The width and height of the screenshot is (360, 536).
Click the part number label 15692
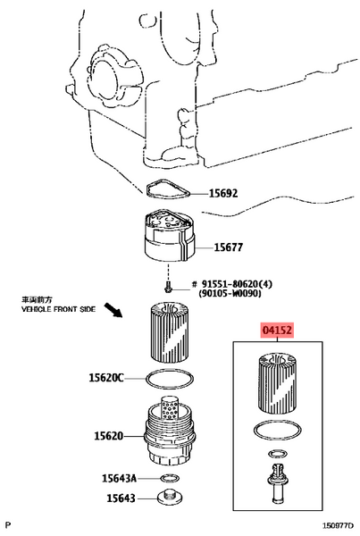click(223, 194)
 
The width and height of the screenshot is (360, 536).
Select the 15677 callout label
click(229, 247)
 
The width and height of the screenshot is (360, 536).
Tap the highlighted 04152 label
click(277, 331)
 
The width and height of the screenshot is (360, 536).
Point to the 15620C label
click(106, 378)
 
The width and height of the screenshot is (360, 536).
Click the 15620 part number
click(108, 436)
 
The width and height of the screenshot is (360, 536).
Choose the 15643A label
click(119, 478)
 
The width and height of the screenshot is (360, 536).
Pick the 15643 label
click(121, 498)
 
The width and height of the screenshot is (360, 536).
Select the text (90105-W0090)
click(230, 293)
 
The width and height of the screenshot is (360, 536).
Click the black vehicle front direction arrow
click(113, 310)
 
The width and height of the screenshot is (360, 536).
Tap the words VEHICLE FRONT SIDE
click(58, 309)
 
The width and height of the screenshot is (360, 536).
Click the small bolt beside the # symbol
click(168, 287)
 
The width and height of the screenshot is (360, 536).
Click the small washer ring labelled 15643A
click(170, 478)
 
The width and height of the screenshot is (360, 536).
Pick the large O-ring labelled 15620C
click(169, 379)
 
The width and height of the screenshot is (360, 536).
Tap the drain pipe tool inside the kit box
click(278, 482)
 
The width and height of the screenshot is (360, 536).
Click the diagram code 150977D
click(339, 525)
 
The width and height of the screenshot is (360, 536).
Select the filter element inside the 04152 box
click(278, 383)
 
